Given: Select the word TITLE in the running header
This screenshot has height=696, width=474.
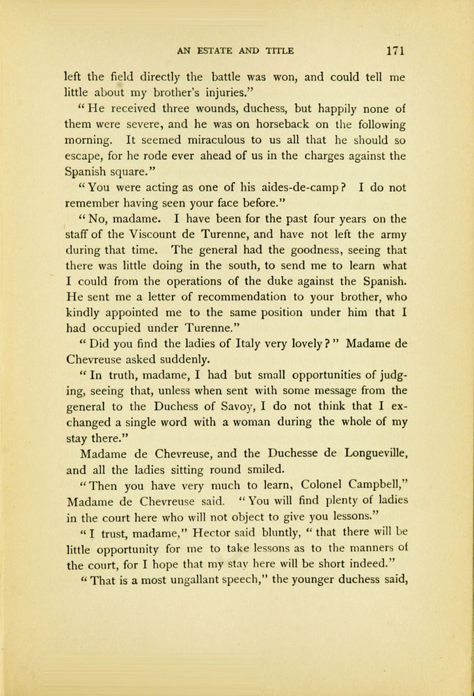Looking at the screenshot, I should [x=278, y=51].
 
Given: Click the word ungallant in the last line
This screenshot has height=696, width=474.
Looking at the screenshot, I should [x=180, y=577].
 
